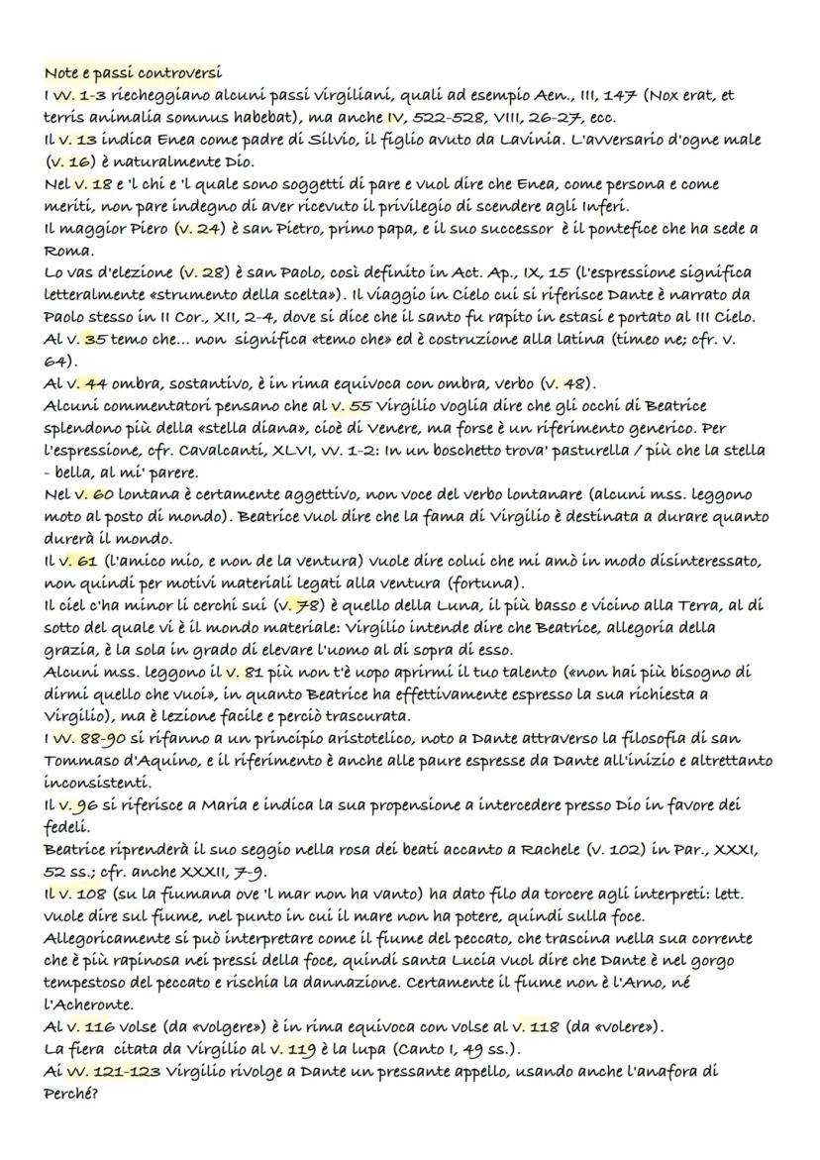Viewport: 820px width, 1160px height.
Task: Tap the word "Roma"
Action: [x=64, y=252]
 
